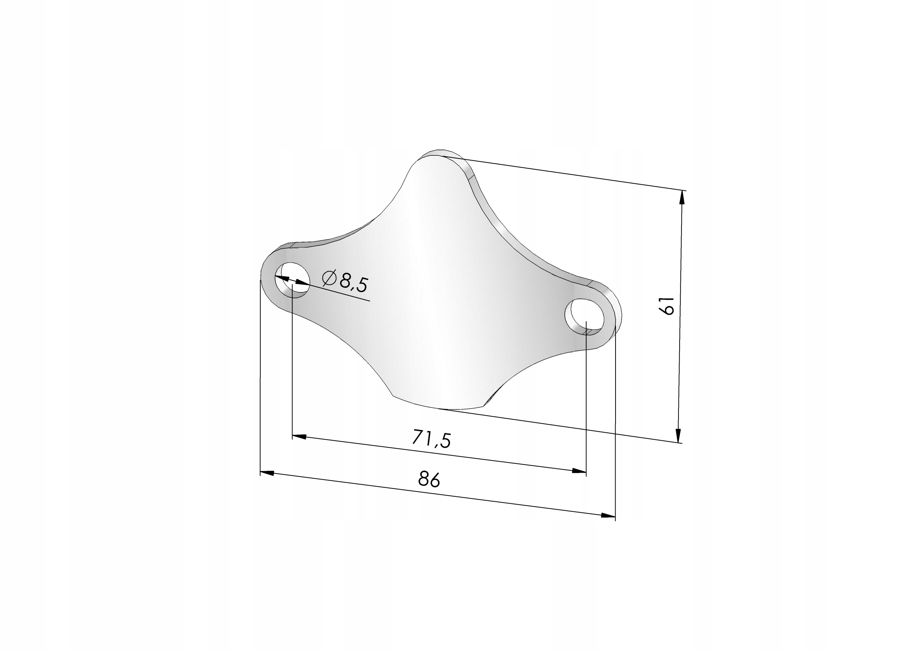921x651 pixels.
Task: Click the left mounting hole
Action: click(x=292, y=279)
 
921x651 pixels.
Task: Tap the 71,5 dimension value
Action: click(x=432, y=438)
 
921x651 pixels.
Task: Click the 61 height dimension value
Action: click(x=666, y=306)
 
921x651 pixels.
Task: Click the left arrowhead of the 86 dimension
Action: click(x=267, y=473)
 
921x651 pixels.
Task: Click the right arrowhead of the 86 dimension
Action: click(x=608, y=515)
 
